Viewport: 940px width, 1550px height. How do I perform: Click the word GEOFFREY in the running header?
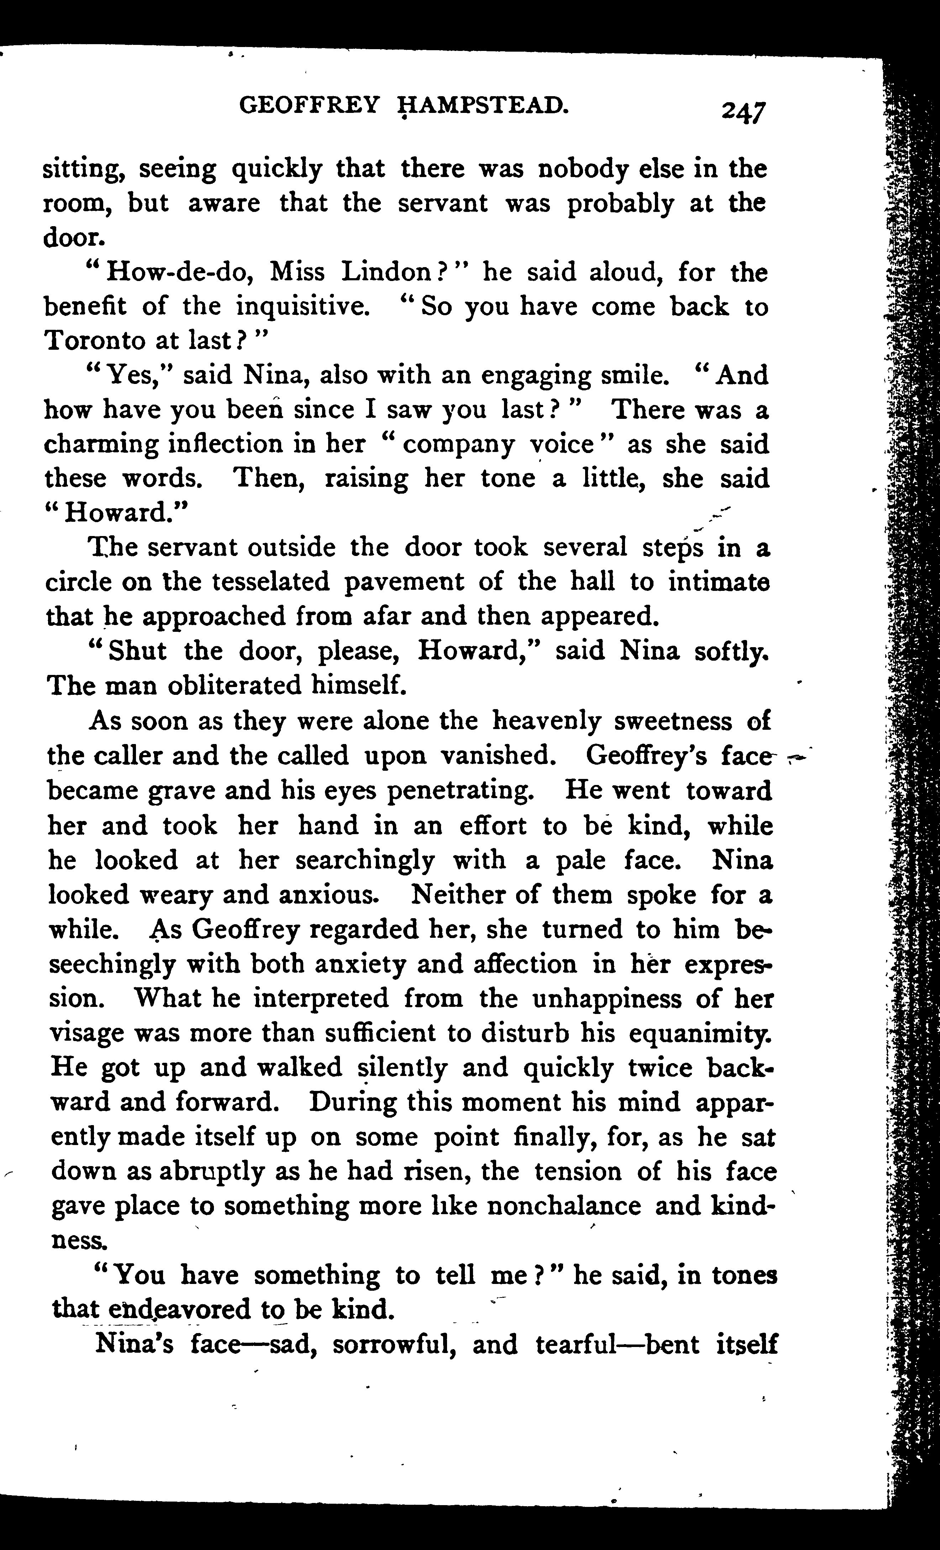[x=309, y=104]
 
